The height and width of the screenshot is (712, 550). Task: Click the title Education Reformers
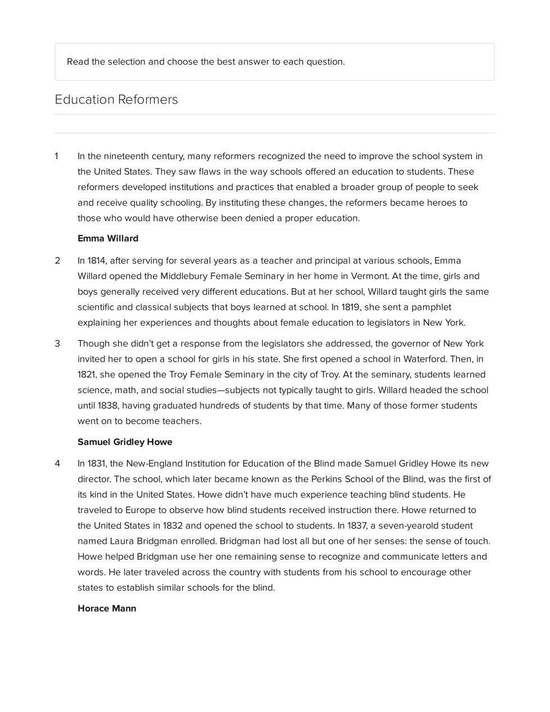tap(116, 100)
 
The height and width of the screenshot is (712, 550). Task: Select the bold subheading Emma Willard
tap(108, 238)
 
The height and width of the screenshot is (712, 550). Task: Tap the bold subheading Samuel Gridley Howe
tap(125, 442)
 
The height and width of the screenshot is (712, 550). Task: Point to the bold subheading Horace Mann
tap(107, 609)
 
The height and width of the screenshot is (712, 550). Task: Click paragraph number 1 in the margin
tap(56, 156)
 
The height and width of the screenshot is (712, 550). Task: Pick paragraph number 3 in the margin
tap(57, 344)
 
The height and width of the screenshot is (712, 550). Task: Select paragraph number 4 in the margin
tap(57, 464)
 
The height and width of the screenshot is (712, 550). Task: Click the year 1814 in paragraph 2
tap(96, 261)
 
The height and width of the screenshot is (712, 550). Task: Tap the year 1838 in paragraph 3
tap(107, 405)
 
